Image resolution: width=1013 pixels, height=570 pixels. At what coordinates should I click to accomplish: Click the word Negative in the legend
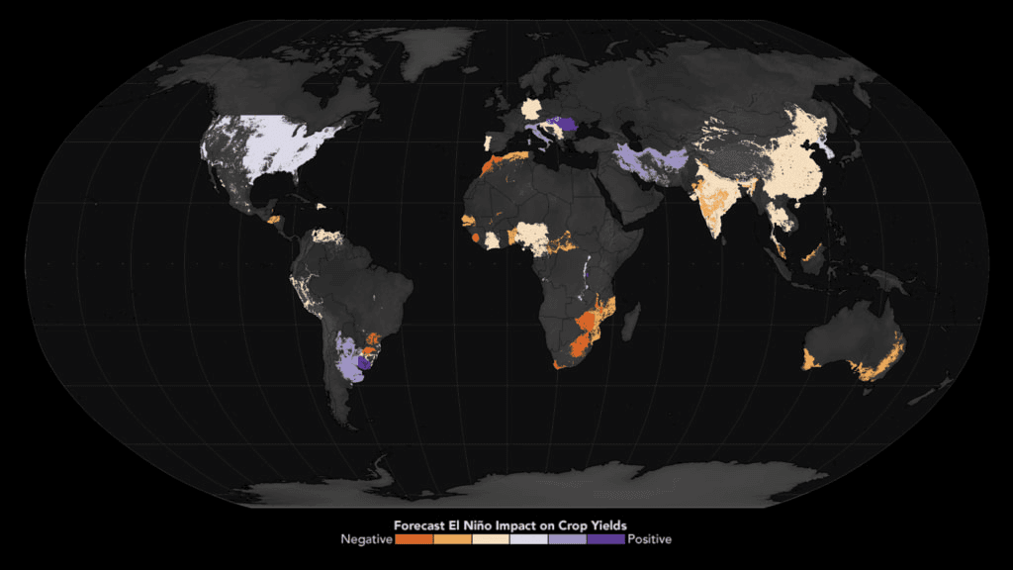(366, 539)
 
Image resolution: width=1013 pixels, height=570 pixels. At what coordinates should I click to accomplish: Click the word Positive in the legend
(650, 539)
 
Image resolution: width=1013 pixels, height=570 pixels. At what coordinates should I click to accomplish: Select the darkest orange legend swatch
(413, 540)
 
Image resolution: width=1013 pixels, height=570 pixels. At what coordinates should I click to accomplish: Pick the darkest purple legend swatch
(605, 540)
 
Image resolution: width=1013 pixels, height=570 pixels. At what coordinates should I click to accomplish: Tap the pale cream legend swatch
(490, 540)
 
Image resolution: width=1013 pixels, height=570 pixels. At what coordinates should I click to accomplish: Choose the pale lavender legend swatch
(528, 540)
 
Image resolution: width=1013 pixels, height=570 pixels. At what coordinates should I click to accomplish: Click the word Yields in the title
(607, 524)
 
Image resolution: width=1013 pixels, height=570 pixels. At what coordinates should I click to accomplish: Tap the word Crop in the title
(569, 524)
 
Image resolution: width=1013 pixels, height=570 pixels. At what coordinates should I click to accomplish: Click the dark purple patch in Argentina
(363, 364)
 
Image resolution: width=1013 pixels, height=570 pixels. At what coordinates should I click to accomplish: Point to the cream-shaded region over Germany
(532, 108)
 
